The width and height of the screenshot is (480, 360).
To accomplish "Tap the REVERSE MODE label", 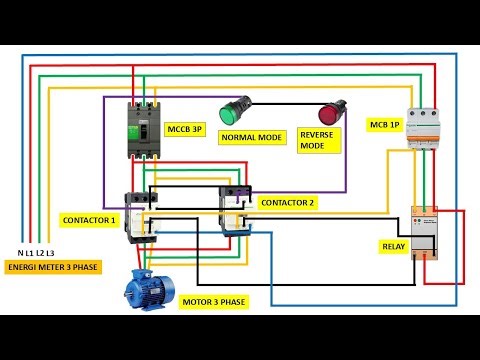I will point(318,140).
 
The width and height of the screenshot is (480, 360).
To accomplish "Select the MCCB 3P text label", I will point(182,129).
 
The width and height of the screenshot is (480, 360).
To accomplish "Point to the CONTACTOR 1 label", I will point(89,219).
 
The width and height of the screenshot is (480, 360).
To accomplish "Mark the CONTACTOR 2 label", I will point(287,202).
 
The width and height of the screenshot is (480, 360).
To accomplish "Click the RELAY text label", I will point(393,245).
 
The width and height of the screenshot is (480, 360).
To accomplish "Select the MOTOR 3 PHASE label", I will point(212,300).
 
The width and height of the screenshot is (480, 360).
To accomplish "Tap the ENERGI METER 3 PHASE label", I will point(51,268).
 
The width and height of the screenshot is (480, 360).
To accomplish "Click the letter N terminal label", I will point(22,254).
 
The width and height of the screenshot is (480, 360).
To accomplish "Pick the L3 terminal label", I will point(50,254).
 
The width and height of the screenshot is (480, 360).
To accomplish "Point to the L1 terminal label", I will point(30,254).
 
